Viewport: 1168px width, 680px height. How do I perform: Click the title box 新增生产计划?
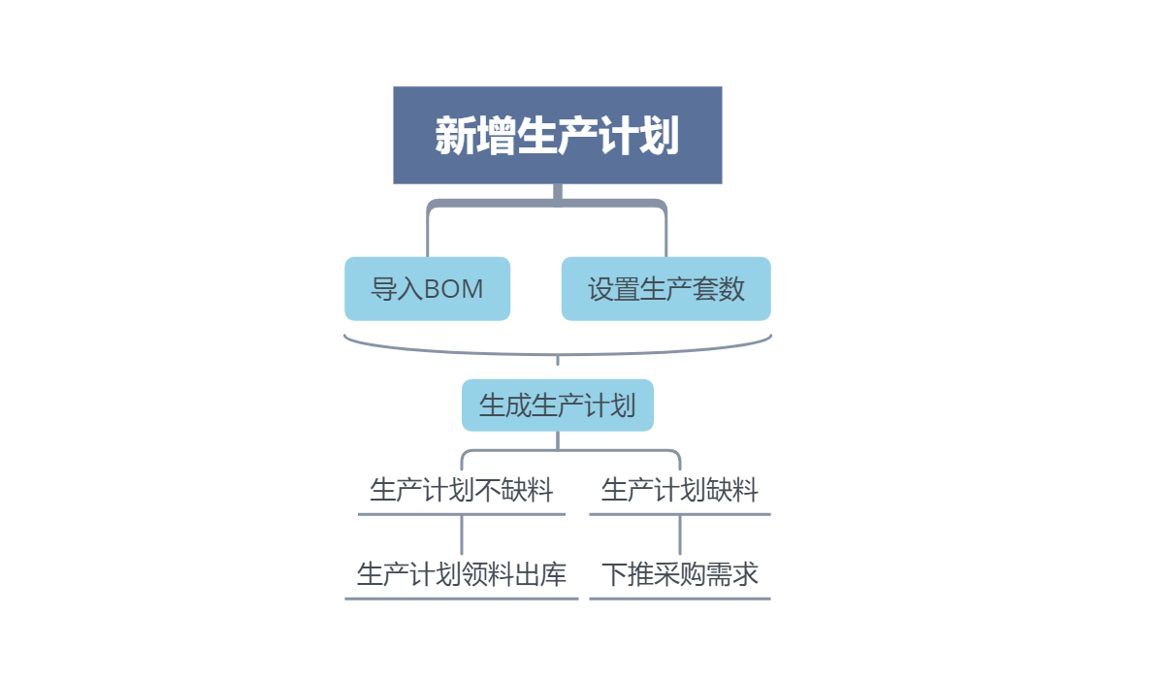pyautogui.click(x=557, y=135)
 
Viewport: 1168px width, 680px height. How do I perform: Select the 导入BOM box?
pyautogui.click(x=427, y=288)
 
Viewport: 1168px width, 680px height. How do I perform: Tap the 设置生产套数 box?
pyautogui.click(x=665, y=288)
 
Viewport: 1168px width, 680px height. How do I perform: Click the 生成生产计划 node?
pyautogui.click(x=557, y=405)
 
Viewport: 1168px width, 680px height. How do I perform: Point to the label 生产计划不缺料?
pyautogui.click(x=461, y=490)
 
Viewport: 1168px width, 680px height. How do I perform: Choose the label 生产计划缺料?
pyautogui.click(x=679, y=490)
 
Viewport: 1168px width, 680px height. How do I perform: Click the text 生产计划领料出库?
pyautogui.click(x=461, y=574)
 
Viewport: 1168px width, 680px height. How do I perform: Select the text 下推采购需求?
pyautogui.click(x=679, y=574)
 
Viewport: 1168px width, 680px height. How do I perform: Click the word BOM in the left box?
pyautogui.click(x=454, y=288)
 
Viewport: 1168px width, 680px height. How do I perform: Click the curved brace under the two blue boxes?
pyautogui.click(x=557, y=353)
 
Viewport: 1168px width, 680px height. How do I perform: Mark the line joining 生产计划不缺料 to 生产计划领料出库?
pyautogui.click(x=462, y=534)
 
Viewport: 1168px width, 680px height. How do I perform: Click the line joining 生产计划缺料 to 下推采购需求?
pyautogui.click(x=680, y=534)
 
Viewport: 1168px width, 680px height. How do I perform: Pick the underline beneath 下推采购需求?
pyautogui.click(x=679, y=599)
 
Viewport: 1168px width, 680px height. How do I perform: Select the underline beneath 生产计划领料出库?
pyautogui.click(x=461, y=599)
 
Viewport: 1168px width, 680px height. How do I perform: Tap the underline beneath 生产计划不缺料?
pyautogui.click(x=461, y=514)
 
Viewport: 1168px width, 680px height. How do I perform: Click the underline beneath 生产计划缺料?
pyautogui.click(x=679, y=514)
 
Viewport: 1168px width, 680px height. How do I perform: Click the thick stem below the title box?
pyautogui.click(x=558, y=193)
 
